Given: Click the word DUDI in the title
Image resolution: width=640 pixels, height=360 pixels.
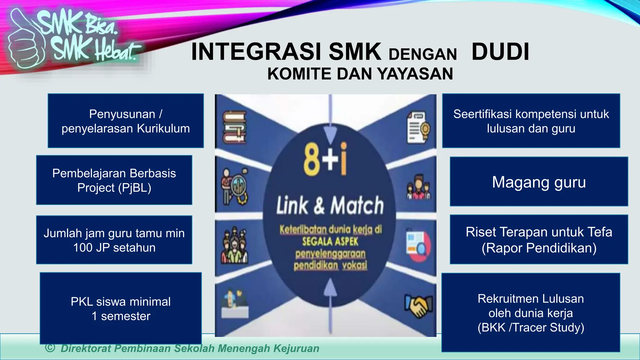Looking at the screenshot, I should click(500, 52).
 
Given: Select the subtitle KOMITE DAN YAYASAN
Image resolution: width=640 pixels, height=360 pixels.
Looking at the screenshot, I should click(360, 74).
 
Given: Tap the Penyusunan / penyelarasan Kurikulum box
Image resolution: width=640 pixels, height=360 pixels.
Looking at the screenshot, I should click(126, 121).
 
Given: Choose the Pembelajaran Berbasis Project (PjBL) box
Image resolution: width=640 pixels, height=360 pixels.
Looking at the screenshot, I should click(114, 180).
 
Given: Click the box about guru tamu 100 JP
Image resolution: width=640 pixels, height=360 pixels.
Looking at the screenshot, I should click(114, 240).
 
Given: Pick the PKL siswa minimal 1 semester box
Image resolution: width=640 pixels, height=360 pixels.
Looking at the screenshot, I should click(121, 308).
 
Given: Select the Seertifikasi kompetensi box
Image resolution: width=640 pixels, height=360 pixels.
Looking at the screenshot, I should click(531, 121).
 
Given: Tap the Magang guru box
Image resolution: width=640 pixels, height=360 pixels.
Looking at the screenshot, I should click(539, 182).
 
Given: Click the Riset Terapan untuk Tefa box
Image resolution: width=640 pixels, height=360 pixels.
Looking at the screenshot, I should click(539, 240).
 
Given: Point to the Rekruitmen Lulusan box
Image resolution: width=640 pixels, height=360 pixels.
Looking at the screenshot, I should click(531, 313).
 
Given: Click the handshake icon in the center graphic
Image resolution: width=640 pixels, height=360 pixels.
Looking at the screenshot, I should click(419, 306).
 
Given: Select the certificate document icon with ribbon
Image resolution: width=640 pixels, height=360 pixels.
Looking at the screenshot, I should click(418, 128).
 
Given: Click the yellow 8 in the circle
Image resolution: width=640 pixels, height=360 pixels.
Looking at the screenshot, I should click(312, 160).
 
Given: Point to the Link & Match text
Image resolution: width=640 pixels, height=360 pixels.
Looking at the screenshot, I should click(330, 205).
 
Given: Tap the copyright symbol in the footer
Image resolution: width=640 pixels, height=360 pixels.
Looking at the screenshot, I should click(50, 347).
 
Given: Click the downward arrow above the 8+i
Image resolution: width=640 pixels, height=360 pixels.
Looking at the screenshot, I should click(330, 131).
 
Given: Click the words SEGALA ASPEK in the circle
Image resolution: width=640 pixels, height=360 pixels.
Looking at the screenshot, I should click(330, 242).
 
